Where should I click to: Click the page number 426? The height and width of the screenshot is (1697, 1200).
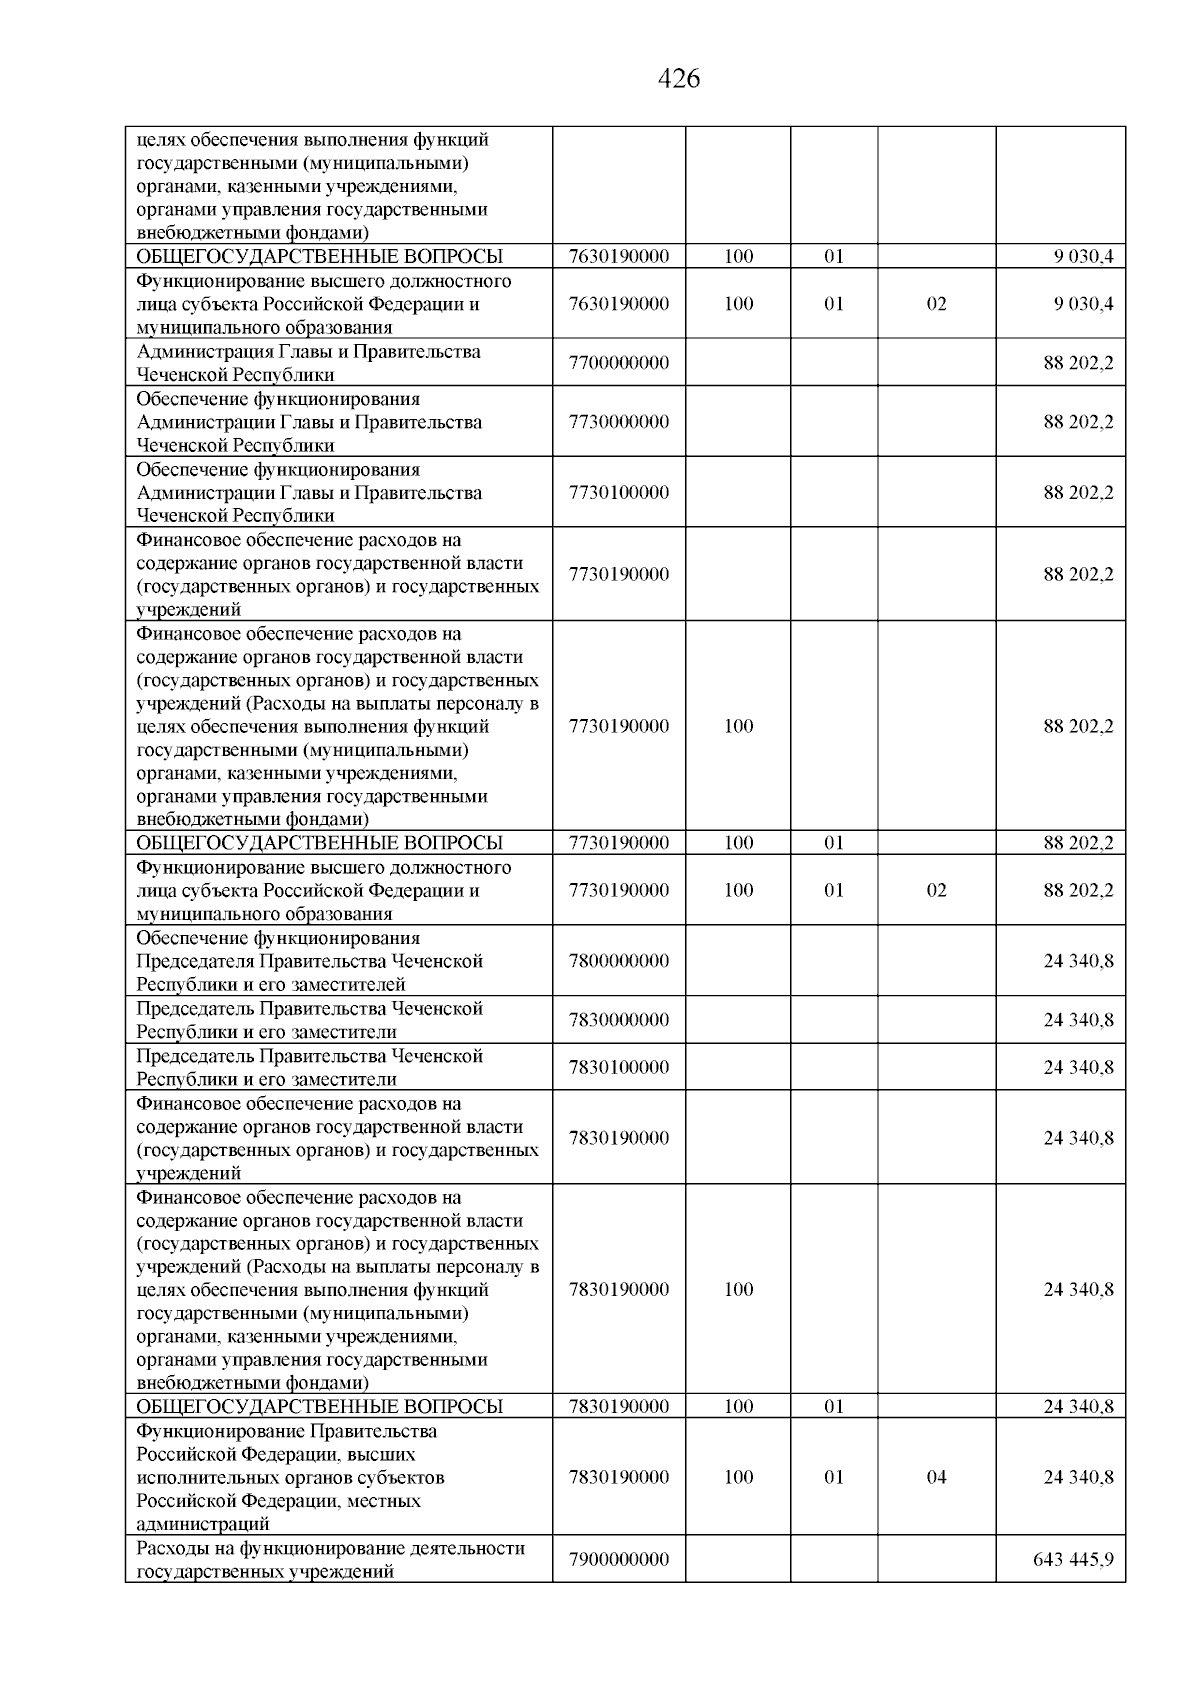[x=680, y=79]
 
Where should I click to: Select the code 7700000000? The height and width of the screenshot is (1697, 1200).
[x=618, y=363]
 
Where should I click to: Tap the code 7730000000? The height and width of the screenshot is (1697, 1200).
[x=618, y=422]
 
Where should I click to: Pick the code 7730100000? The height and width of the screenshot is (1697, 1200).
[x=618, y=493]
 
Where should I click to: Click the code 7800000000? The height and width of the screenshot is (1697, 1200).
[x=618, y=961]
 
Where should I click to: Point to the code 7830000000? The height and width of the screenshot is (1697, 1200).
[x=618, y=1020]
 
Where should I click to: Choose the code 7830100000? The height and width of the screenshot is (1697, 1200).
[x=618, y=1067]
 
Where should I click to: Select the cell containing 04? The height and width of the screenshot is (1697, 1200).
[x=936, y=1477]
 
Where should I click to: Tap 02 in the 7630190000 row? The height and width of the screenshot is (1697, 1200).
[x=936, y=304]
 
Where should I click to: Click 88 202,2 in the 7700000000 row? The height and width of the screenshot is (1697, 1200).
[x=1078, y=363]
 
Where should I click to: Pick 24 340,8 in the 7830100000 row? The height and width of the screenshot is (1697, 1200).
[x=1078, y=1067]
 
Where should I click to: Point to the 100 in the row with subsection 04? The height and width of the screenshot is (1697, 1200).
[x=738, y=1477]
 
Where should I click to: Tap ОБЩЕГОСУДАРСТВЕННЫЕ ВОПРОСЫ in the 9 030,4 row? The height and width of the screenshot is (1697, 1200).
[x=319, y=256]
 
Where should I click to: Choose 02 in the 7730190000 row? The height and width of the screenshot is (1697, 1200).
[x=936, y=890]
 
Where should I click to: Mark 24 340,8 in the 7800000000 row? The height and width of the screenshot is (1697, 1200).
[x=1078, y=961]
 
